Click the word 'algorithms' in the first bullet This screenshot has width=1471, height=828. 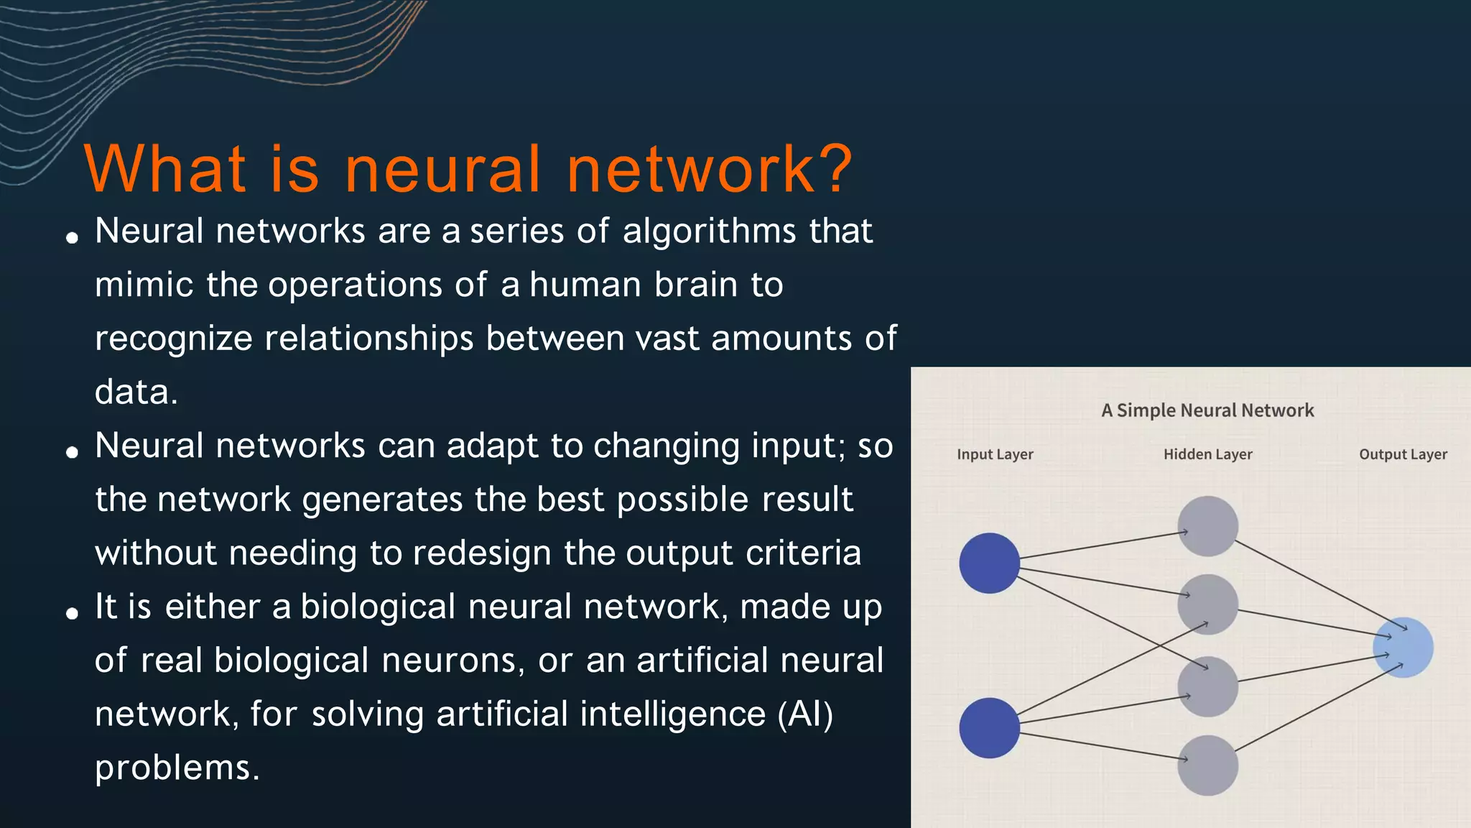[709, 232]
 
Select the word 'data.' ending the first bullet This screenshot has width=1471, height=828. [136, 392]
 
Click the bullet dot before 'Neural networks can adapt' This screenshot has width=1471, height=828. [72, 452]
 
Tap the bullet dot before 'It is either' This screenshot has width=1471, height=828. [72, 613]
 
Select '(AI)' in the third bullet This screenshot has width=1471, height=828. [805, 714]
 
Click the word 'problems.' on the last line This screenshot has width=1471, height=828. [177, 768]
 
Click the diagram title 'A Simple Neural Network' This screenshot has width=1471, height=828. [1207, 410]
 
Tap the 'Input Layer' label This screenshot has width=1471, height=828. [995, 454]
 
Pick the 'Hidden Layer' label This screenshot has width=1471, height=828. [1207, 454]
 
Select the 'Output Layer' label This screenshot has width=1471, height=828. [1403, 454]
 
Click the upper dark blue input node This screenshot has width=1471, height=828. [989, 563]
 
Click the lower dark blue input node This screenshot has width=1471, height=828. [989, 727]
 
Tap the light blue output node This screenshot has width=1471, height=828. [1403, 647]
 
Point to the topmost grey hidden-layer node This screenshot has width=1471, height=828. [1207, 526]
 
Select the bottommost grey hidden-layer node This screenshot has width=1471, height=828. [1207, 765]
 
